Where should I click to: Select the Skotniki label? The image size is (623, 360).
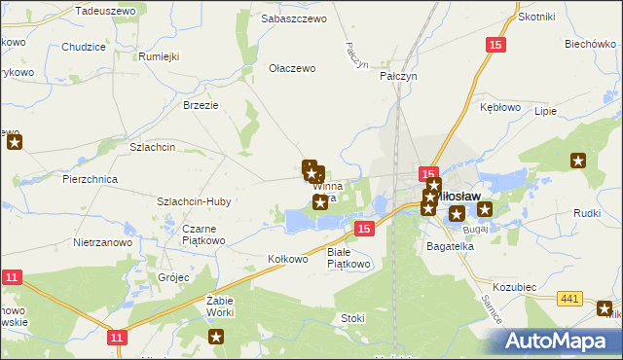coord(536,17)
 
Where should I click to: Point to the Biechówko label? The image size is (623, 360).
coord(589,44)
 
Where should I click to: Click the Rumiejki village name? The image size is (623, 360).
coord(160,55)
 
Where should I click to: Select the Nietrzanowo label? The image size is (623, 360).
coord(101,241)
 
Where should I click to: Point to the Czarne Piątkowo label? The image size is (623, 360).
coord(204,234)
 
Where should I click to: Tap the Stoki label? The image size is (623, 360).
coord(352,318)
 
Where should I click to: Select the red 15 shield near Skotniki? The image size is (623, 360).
coord(496,45)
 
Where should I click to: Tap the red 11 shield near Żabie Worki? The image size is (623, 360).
coord(117,337)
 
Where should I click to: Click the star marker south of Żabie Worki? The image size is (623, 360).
coord(216,338)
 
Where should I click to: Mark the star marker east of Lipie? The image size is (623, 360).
coord(578,162)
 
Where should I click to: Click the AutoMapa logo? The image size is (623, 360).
coord(558,341)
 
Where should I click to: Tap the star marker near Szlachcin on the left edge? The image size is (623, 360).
coord(14,144)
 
